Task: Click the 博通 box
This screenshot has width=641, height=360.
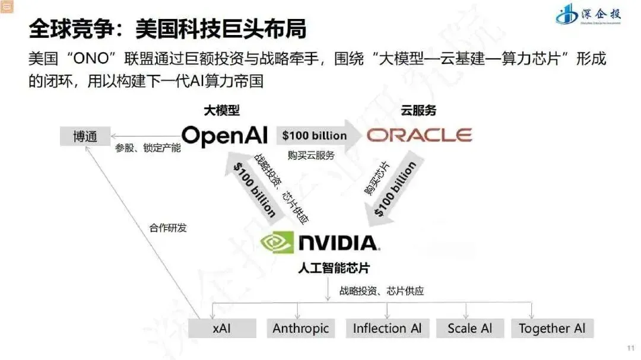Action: tap(85, 136)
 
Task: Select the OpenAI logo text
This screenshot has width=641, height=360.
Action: tap(224, 136)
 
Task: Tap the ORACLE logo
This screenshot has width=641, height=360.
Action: tap(419, 135)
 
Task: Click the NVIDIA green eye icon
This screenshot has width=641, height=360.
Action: tap(277, 243)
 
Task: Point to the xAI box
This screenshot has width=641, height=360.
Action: tap(221, 329)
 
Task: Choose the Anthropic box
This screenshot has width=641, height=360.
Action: tap(300, 329)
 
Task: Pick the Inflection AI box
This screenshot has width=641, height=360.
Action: tap(387, 329)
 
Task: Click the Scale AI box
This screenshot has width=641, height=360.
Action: tap(469, 329)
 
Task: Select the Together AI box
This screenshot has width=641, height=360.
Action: tap(552, 329)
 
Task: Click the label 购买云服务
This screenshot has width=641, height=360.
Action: tap(311, 155)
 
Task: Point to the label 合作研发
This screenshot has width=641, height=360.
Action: tap(168, 227)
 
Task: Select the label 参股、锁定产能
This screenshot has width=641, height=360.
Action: tap(148, 148)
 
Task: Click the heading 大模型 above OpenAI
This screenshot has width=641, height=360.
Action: tap(222, 111)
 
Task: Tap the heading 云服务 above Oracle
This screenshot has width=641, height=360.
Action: tap(418, 111)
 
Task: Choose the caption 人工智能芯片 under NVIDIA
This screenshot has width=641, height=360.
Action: tap(334, 268)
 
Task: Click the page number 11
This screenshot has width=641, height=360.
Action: tap(630, 348)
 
